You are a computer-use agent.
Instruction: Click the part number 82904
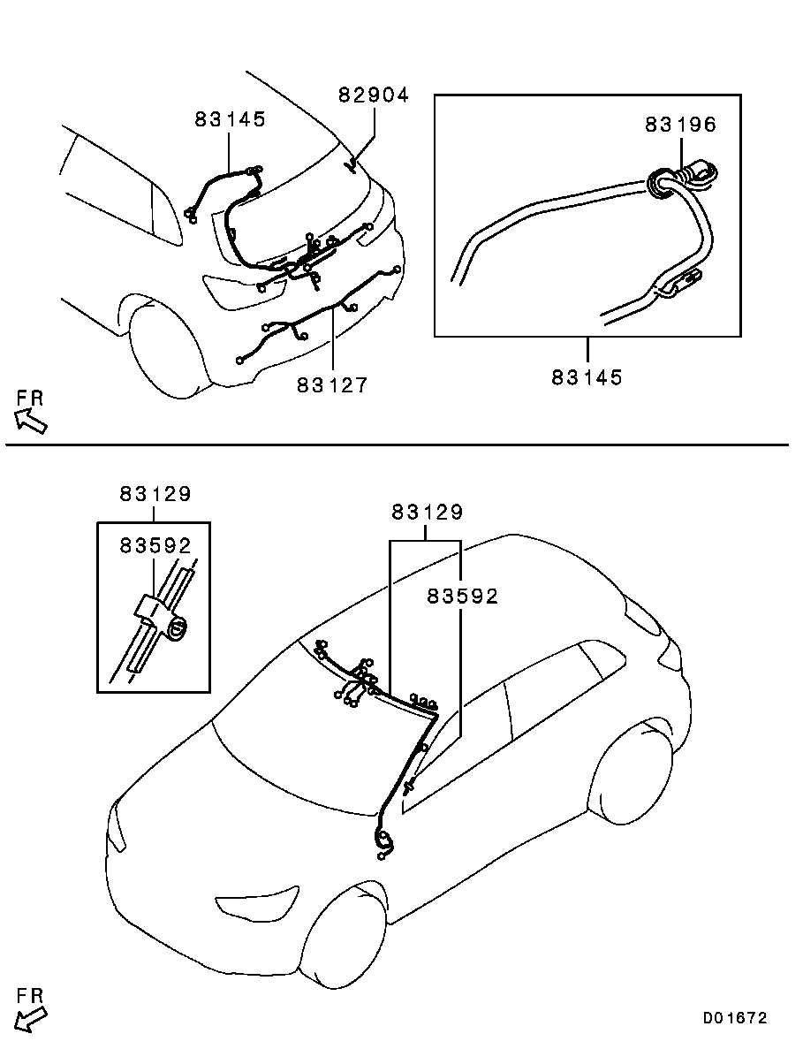coord(374,95)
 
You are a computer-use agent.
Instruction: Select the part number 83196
coord(679,125)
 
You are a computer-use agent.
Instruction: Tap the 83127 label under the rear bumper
coord(331,385)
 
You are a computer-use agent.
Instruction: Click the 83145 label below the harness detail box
coord(587,377)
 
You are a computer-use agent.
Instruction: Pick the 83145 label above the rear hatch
coord(230,120)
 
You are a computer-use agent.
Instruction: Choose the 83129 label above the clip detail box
coord(155,495)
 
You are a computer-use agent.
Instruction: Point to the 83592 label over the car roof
coord(463,597)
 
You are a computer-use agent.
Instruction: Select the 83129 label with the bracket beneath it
coord(428,513)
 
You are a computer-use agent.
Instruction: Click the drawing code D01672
coord(735,1018)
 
